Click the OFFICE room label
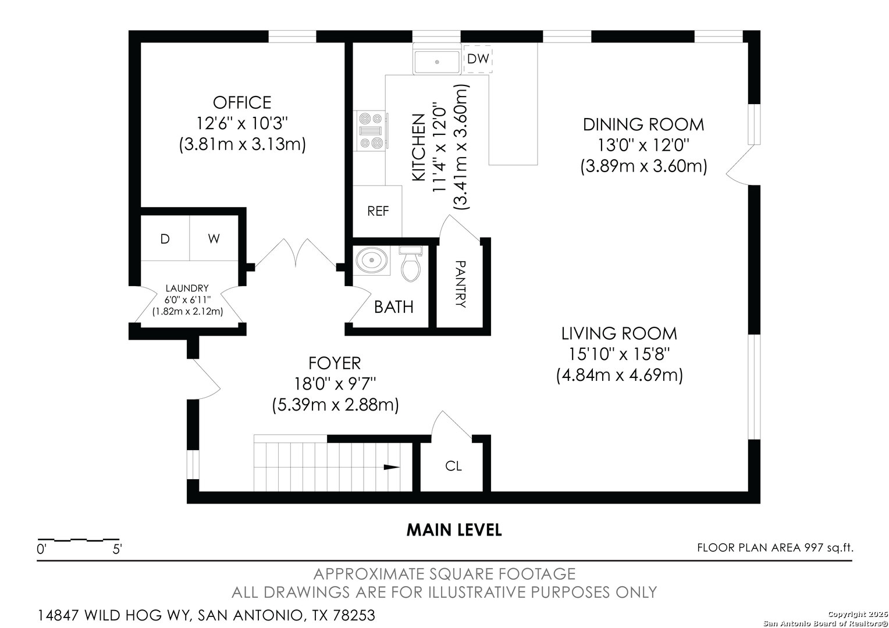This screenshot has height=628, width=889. point(242,103)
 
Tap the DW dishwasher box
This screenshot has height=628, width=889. point(478,59)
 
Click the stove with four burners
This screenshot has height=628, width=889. point(371,130)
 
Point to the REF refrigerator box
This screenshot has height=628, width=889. point(378,211)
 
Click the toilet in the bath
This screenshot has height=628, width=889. point(410,263)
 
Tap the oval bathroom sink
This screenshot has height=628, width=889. point(371,261)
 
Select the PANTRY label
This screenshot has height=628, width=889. point(460,284)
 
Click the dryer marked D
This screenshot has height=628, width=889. point(165,238)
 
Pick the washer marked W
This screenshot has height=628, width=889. point(214,238)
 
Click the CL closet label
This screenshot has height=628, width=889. point(453,466)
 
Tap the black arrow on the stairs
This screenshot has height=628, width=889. point(392,467)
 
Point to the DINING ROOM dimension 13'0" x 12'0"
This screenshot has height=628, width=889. point(643,145)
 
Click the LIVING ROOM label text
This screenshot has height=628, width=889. point(619,334)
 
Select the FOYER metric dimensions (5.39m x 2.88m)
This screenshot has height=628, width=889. point(335,405)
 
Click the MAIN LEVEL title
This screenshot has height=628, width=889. point(454,530)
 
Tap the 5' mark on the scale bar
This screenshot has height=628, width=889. point(117,549)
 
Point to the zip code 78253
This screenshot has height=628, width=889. point(354,615)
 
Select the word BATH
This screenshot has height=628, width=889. point(394,306)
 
